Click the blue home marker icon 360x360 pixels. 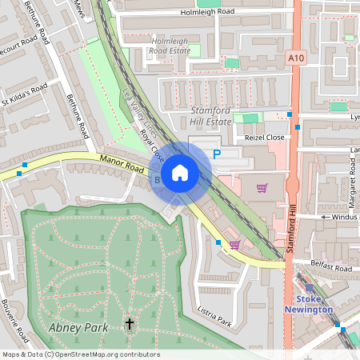coord(179,173)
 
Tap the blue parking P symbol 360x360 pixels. coord(216,155)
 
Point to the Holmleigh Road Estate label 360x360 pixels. coord(170,45)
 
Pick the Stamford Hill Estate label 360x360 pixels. coord(210,115)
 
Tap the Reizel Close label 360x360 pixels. coord(265,138)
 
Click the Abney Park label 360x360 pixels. coord(73,329)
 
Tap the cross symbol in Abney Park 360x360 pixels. coord(130,324)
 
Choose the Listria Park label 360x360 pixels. coord(214,318)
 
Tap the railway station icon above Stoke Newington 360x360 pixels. coord(310,288)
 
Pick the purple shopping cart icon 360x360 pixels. coord(262,188)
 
